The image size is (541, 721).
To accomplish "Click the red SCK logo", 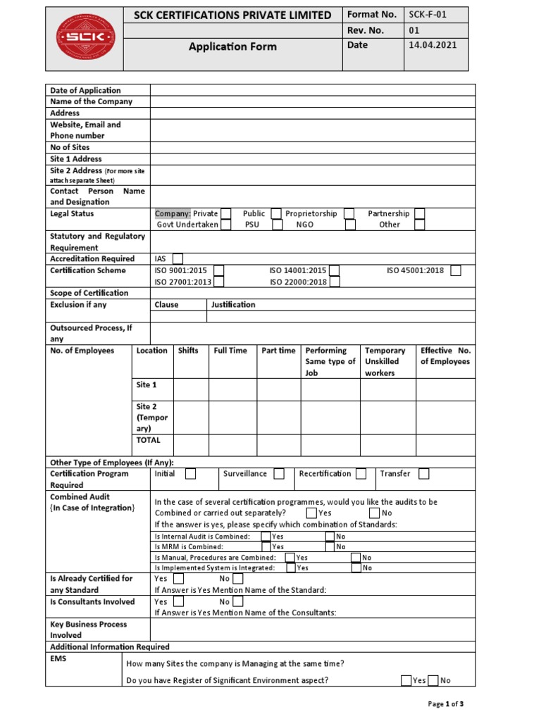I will pyautogui.click(x=85, y=37).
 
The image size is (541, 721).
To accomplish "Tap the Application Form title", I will pyautogui.click(x=232, y=46).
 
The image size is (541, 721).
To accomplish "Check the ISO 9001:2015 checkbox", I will pyautogui.click(x=219, y=270).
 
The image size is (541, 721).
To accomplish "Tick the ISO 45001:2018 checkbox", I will pyautogui.click(x=456, y=270).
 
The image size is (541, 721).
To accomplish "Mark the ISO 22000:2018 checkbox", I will pyautogui.click(x=335, y=282).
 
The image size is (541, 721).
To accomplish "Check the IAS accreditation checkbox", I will pyautogui.click(x=178, y=259).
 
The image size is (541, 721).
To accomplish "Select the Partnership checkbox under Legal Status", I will pyautogui.click(x=420, y=213).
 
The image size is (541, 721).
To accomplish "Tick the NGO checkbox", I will pyautogui.click(x=349, y=225).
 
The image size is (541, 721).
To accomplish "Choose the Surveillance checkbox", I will pyautogui.click(x=279, y=474).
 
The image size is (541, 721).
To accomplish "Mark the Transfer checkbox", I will pyautogui.click(x=423, y=474).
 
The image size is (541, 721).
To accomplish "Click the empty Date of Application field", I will pyautogui.click(x=313, y=90).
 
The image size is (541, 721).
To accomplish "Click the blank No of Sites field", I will pyautogui.click(x=313, y=147).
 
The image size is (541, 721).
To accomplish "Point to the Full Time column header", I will pyautogui.click(x=230, y=351).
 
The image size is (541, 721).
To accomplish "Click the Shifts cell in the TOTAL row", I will pyautogui.click(x=191, y=445).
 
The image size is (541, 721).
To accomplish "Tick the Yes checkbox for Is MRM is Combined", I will pyautogui.click(x=266, y=546).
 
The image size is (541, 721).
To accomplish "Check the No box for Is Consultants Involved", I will pyautogui.click(x=238, y=601).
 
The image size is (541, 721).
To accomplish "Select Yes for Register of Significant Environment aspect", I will pyautogui.click(x=406, y=680).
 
